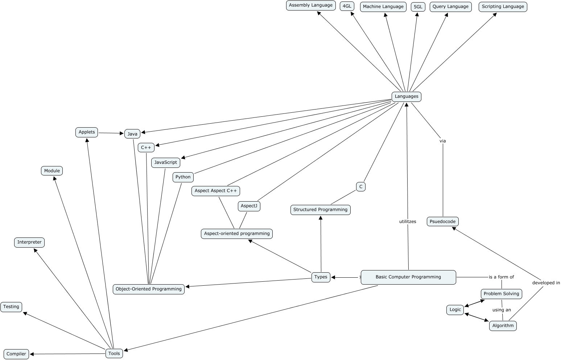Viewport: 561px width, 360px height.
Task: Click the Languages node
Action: point(406,96)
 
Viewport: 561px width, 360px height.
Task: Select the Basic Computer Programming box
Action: point(408,277)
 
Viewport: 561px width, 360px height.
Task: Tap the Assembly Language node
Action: point(310,5)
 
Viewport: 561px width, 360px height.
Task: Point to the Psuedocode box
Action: point(442,222)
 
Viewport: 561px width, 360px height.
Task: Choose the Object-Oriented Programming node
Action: point(148,289)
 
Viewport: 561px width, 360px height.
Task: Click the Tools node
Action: point(114,353)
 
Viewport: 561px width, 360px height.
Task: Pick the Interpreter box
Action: point(29,242)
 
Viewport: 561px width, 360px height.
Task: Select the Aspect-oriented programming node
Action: point(236,233)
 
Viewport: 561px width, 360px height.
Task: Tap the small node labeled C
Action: point(360,187)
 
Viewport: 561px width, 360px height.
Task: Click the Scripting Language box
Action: point(503,7)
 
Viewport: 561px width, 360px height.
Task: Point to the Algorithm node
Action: point(503,326)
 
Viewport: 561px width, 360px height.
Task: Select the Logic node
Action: point(455,310)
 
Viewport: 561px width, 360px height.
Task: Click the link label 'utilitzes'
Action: point(408,222)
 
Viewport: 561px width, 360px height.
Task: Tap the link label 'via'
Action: point(442,141)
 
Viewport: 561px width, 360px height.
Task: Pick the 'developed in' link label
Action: point(546,283)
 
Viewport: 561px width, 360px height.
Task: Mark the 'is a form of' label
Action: point(501,277)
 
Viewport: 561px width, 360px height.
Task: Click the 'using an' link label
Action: point(502,310)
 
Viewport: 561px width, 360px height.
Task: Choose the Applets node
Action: point(87,132)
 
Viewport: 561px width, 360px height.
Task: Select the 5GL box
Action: point(418,7)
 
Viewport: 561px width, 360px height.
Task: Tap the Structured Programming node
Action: point(320,210)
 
